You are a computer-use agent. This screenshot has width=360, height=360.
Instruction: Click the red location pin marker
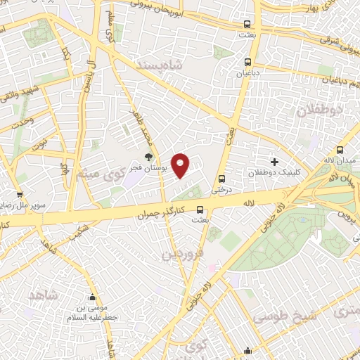coord(181,165)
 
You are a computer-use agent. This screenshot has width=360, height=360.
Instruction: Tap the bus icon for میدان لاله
coord(340,150)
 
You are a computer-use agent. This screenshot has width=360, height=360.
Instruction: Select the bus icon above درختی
coord(222,178)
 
